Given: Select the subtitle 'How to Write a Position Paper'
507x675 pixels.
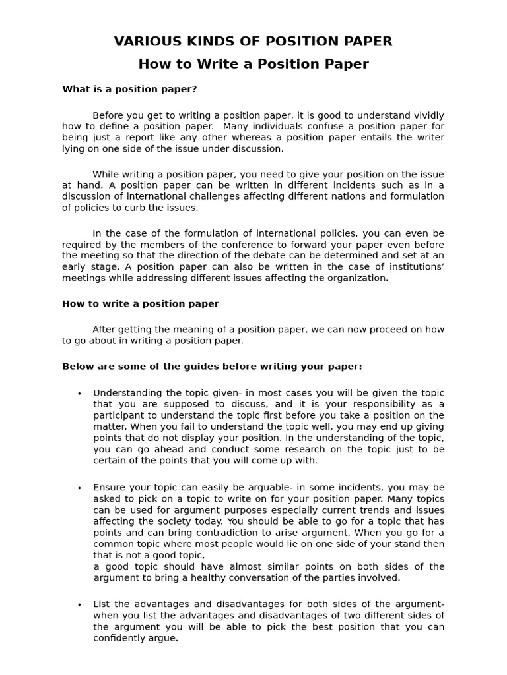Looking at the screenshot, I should pyautogui.click(x=253, y=64).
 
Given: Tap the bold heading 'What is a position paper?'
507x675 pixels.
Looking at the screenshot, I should pyautogui.click(x=129, y=89).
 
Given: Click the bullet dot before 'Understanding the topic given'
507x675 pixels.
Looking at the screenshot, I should pyautogui.click(x=79, y=394).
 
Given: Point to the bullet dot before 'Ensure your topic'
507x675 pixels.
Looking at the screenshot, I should pyautogui.click(x=79, y=488).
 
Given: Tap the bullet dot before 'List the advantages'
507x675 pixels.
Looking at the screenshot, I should pyautogui.click(x=79, y=605).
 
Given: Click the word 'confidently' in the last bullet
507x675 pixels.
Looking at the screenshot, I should pyautogui.click(x=121, y=638).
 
